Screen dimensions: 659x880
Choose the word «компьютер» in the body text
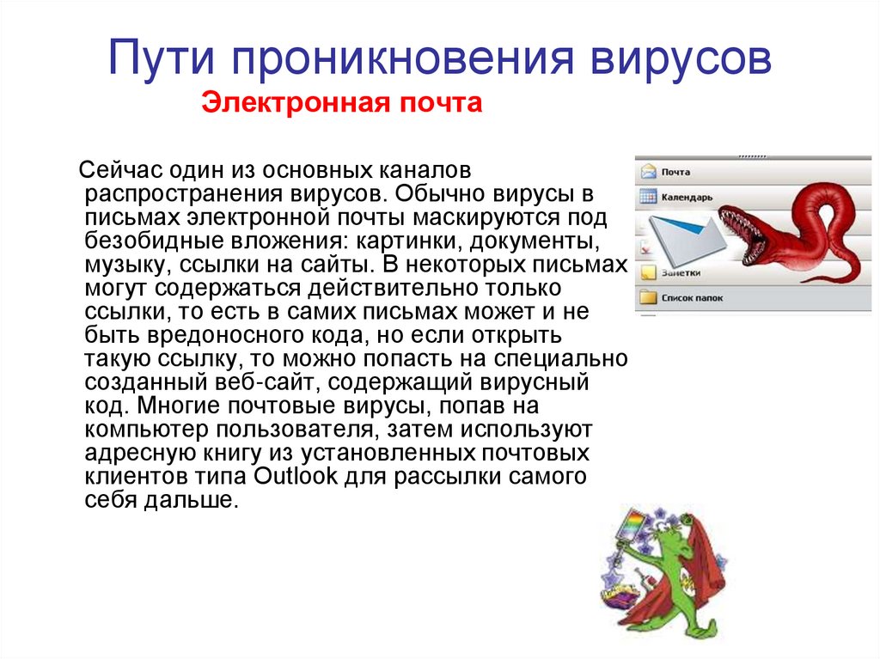click(x=147, y=427)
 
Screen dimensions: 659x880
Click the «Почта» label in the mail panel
click(x=675, y=172)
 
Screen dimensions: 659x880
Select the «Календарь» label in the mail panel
click(x=687, y=197)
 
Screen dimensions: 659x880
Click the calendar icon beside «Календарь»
click(x=646, y=197)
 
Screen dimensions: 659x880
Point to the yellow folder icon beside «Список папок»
click(x=646, y=298)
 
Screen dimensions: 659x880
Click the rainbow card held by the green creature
click(x=633, y=528)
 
